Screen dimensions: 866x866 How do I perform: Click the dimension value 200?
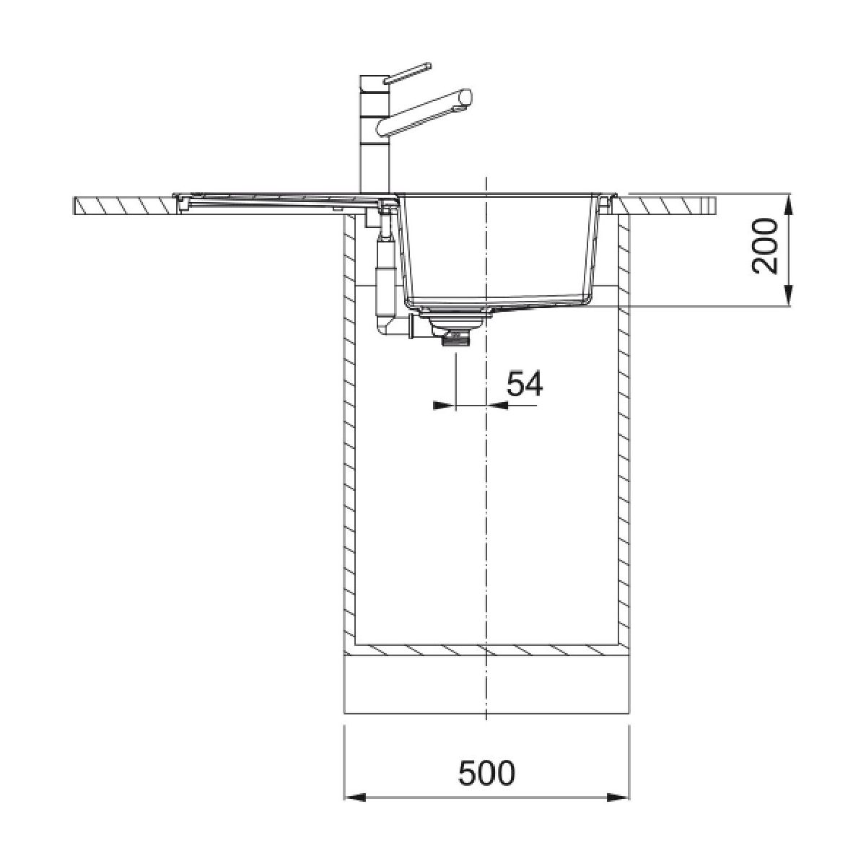click(764, 246)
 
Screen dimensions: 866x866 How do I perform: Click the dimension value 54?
click(525, 383)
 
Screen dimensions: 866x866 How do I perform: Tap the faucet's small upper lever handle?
click(408, 73)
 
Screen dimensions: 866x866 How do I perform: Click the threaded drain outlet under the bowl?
click(455, 340)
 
